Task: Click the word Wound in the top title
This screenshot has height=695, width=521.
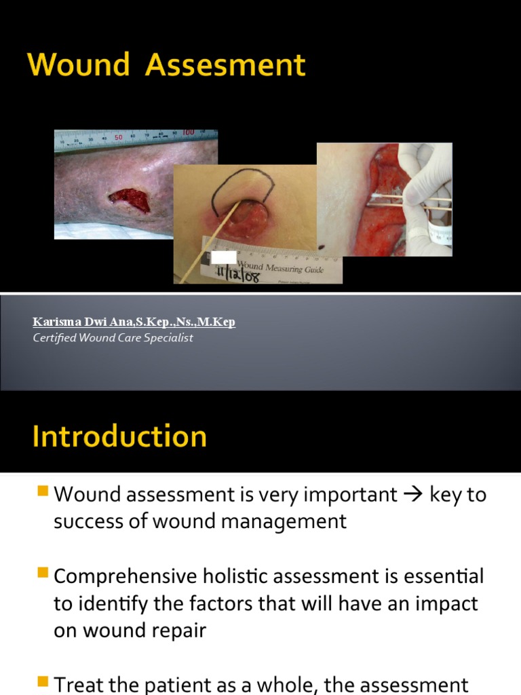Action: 79,66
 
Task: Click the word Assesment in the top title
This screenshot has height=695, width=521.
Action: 226,66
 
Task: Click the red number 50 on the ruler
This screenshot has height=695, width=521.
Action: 117,138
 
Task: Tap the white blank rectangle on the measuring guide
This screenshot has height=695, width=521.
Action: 224,257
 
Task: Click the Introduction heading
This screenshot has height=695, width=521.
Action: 119,436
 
